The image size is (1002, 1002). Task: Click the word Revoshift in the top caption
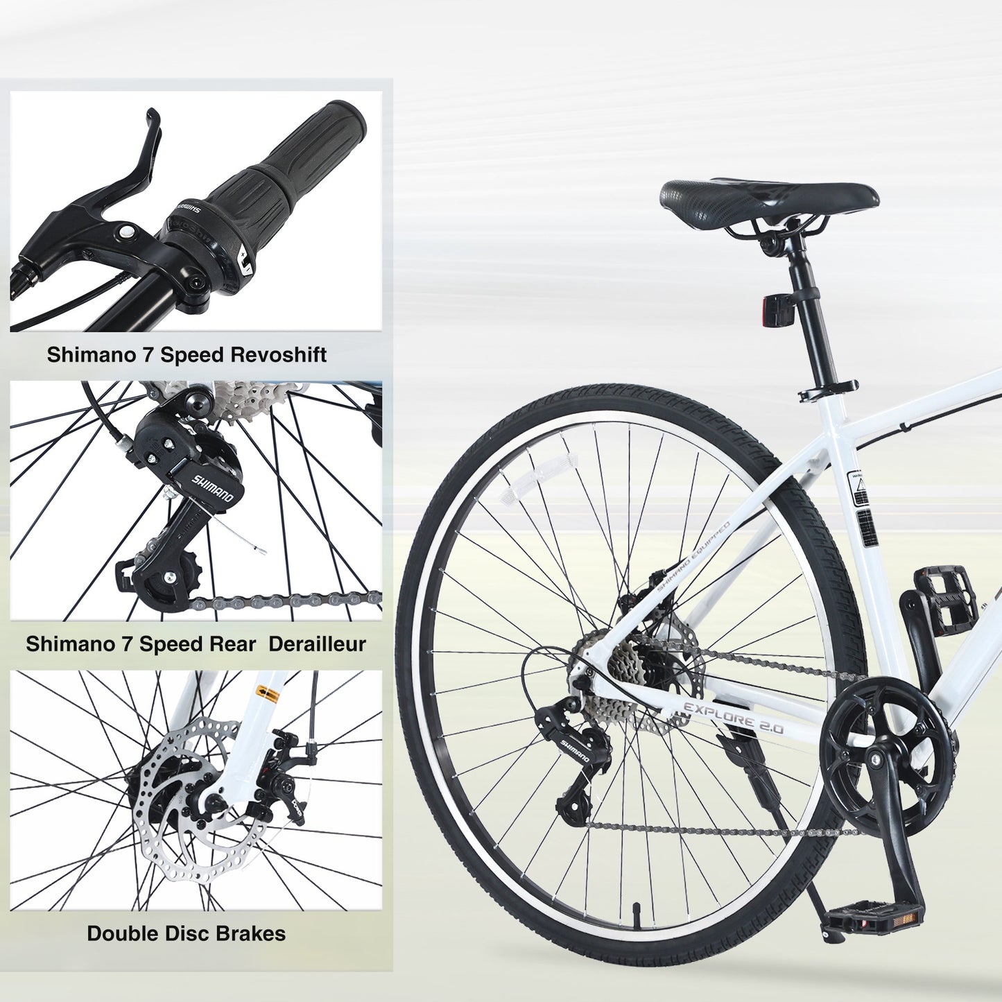click(278, 355)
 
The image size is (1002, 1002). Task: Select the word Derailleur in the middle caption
click(317, 644)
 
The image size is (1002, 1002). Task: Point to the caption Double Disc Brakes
click(186, 933)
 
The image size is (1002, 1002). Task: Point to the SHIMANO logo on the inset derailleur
click(212, 487)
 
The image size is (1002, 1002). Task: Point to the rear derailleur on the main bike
click(576, 756)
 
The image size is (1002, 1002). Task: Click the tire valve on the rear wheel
click(636, 928)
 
